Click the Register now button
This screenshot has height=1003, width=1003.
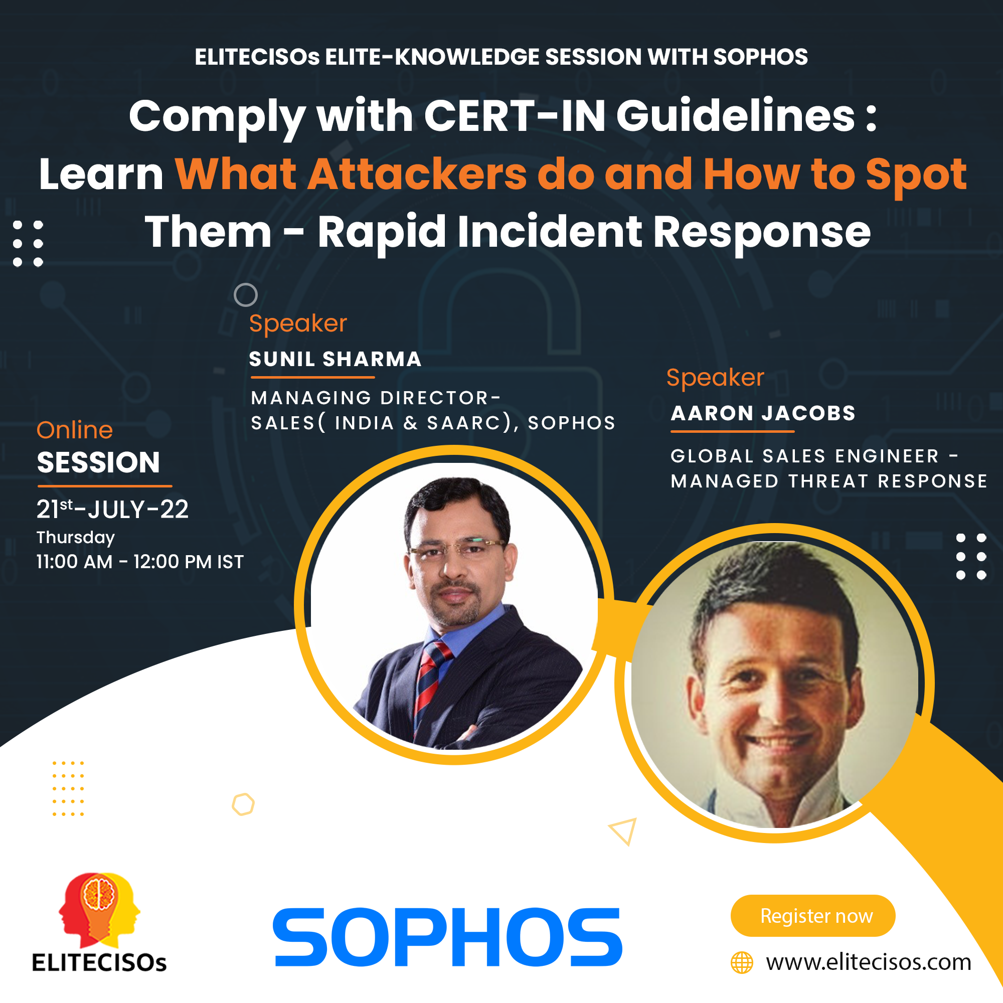pyautogui.click(x=812, y=915)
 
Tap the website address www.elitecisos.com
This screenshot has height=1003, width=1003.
pyautogui.click(x=869, y=962)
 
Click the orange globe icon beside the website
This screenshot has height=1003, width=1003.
pyautogui.click(x=741, y=962)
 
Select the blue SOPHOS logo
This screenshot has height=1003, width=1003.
pyautogui.click(x=447, y=938)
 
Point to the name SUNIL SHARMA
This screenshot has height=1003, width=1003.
pyautogui.click(x=335, y=359)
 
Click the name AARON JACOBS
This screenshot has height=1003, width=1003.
pyautogui.click(x=763, y=413)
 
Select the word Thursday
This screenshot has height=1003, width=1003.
pyautogui.click(x=75, y=537)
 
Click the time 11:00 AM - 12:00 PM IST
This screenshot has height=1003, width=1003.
pyautogui.click(x=139, y=562)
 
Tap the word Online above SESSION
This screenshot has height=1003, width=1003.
pyautogui.click(x=74, y=430)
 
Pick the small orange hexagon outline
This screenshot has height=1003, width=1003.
pyautogui.click(x=243, y=804)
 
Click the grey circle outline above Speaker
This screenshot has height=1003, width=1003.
pyautogui.click(x=246, y=295)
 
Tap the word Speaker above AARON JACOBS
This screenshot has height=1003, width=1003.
pyautogui.click(x=715, y=378)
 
